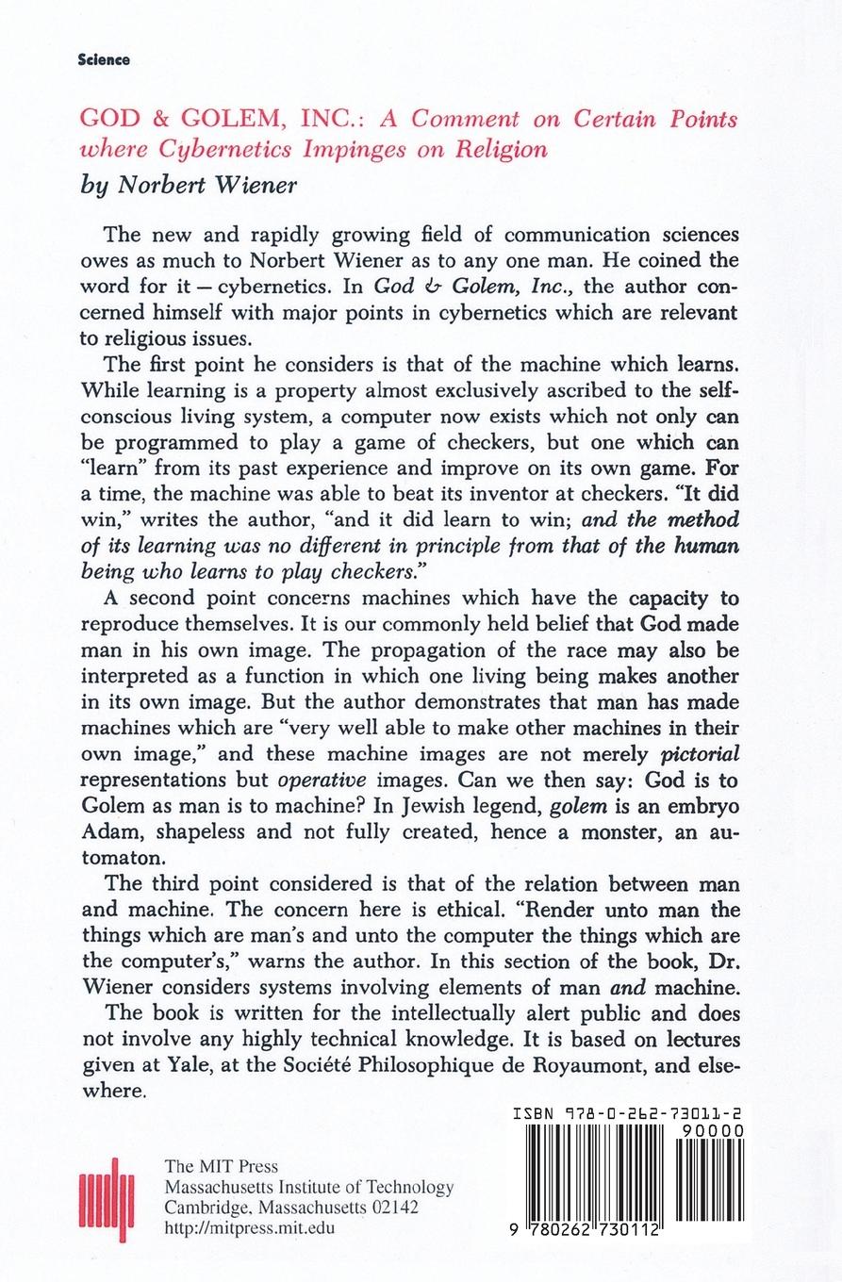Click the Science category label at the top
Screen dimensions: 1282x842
click(x=105, y=59)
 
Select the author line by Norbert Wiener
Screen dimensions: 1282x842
click(x=189, y=185)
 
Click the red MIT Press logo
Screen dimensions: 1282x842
click(x=107, y=1199)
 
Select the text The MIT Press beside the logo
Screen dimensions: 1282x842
click(x=222, y=1166)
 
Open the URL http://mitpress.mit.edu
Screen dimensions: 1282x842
click(x=250, y=1227)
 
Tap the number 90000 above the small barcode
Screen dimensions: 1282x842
click(x=715, y=1131)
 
